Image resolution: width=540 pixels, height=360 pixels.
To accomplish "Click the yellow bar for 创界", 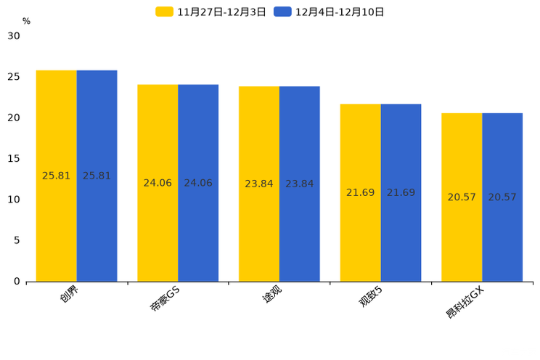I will click(x=57, y=218).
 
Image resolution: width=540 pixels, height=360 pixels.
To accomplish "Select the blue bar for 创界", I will click(x=97, y=218).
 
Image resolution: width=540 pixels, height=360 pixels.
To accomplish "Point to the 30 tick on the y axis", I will click(x=14, y=36).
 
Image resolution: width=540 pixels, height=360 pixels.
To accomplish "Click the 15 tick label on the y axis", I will click(x=14, y=158).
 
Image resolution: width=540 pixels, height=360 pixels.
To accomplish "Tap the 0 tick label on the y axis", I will click(x=17, y=282).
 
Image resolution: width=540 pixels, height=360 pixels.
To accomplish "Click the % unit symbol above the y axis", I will click(x=26, y=22).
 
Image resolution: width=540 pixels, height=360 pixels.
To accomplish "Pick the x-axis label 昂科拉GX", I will click(x=465, y=302).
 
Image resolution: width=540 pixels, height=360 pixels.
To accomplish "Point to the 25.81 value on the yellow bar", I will click(x=57, y=176).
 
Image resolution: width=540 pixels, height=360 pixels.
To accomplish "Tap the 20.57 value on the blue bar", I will click(x=502, y=197).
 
